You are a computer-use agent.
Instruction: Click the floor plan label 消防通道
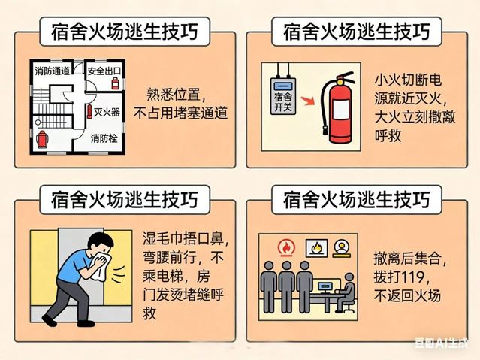click(53, 71)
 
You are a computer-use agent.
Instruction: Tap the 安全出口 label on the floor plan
click(104, 71)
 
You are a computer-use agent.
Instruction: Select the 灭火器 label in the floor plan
click(107, 113)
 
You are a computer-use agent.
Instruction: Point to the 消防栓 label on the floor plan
click(104, 138)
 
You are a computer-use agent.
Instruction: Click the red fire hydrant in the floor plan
click(42, 140)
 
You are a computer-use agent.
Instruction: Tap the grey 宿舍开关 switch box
click(283, 96)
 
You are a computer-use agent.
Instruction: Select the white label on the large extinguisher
click(341, 110)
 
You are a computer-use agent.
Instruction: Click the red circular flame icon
click(286, 247)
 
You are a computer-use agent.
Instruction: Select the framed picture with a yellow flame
click(316, 247)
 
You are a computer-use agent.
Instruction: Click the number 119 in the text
click(412, 277)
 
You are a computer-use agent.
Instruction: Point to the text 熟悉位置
click(174, 95)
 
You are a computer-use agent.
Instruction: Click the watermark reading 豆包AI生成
click(442, 343)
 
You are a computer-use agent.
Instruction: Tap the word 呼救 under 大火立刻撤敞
click(388, 135)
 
